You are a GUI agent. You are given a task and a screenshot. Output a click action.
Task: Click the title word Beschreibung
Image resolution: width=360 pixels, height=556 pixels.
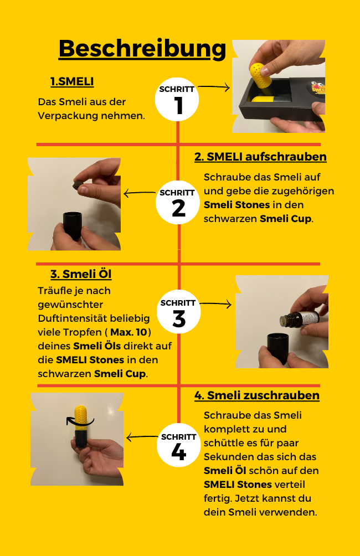coord(142,49)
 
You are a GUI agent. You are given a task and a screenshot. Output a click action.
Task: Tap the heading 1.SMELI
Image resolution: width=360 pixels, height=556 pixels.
coord(72,82)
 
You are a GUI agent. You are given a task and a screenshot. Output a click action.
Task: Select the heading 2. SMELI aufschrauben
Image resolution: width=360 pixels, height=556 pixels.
coord(260,157)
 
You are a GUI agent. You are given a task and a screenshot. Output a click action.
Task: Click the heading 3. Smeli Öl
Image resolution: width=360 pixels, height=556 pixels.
coord(81,274)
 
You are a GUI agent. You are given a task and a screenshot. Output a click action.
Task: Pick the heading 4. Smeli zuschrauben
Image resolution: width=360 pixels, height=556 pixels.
coord(256,395)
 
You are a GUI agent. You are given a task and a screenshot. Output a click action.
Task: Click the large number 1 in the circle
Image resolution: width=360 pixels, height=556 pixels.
coord(178,106)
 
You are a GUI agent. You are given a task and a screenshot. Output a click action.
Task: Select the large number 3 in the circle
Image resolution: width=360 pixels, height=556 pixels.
coord(178,320)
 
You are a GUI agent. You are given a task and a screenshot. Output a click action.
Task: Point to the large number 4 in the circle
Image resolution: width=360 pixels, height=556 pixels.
coord(178,452)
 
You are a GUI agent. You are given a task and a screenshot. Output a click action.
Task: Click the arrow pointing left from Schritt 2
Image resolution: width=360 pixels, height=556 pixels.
coord(140,193)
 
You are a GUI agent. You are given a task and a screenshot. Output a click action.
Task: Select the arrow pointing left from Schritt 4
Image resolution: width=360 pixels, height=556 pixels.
coord(142,437)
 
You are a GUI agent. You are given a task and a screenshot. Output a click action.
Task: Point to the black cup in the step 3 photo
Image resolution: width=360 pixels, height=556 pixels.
coord(280,350)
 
